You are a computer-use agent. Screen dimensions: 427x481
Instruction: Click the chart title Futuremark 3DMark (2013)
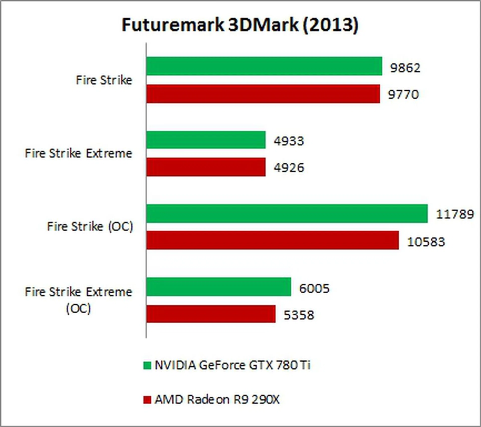coord(240,25)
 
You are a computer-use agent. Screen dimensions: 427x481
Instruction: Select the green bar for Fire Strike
coord(264,66)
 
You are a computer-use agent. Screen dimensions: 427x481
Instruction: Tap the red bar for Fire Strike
coord(263,94)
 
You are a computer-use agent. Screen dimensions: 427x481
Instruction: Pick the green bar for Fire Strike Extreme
coord(206,140)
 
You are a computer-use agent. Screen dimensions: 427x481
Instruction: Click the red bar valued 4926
coord(206,167)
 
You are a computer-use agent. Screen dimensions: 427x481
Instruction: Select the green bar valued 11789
coord(287,213)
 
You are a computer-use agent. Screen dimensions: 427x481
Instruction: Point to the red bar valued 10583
coord(273,240)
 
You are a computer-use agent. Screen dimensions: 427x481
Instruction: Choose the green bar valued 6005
coord(219,287)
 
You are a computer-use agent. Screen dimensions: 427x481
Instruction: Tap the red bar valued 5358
coord(211,314)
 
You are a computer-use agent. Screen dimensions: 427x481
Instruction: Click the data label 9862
coord(405,68)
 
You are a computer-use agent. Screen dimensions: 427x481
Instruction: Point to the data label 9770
coord(403,95)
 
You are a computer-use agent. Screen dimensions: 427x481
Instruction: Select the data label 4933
coord(289,141)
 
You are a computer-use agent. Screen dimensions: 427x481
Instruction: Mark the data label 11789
coord(455,214)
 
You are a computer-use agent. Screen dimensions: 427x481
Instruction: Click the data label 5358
coord(299,315)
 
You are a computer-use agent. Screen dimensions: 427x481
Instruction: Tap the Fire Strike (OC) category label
coord(90,227)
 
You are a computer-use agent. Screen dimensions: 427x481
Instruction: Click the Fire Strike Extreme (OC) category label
coord(78,300)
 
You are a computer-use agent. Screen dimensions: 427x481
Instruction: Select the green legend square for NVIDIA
coord(147,365)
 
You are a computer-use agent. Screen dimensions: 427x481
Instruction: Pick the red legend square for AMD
coord(147,400)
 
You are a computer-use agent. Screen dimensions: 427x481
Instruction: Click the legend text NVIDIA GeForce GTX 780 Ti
coord(232,365)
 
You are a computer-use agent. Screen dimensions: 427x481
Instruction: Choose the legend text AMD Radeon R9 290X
coord(217,400)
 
